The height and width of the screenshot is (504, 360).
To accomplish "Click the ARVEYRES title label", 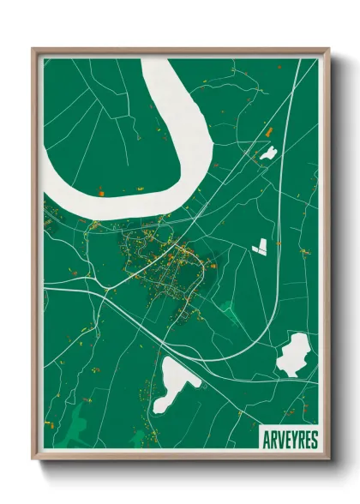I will click(x=287, y=439).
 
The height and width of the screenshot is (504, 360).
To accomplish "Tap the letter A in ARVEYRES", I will click(x=264, y=439).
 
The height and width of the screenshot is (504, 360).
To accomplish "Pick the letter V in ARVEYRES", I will click(x=277, y=439).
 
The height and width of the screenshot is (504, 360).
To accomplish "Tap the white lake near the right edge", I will click(x=294, y=354).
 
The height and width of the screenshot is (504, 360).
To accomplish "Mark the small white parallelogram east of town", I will click(x=260, y=247).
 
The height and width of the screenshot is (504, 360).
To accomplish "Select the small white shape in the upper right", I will click(x=268, y=153).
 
